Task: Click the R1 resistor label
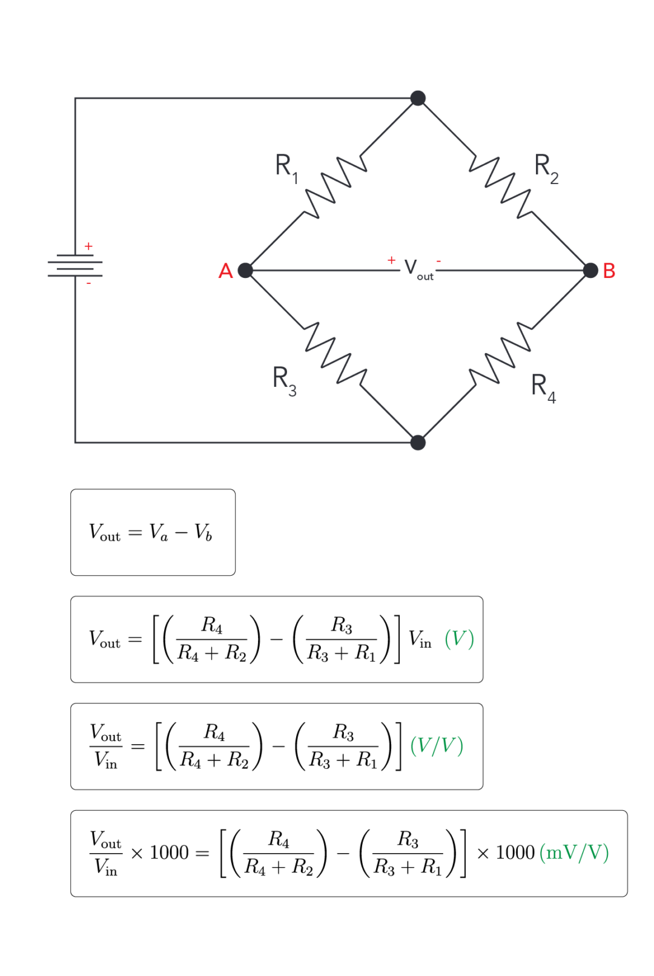tap(286, 167)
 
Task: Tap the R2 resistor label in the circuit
tap(546, 167)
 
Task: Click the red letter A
tap(225, 271)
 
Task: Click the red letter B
tap(609, 271)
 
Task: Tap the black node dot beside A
tap(245, 270)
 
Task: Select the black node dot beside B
tap(590, 270)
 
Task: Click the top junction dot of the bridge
tap(418, 98)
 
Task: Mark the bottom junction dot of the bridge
tap(418, 443)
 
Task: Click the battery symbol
tap(75, 265)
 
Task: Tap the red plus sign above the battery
tap(88, 246)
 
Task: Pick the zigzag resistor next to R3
tap(335, 353)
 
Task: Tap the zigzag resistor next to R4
tap(501, 354)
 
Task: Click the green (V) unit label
tap(459, 639)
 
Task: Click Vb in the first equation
tap(203, 533)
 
